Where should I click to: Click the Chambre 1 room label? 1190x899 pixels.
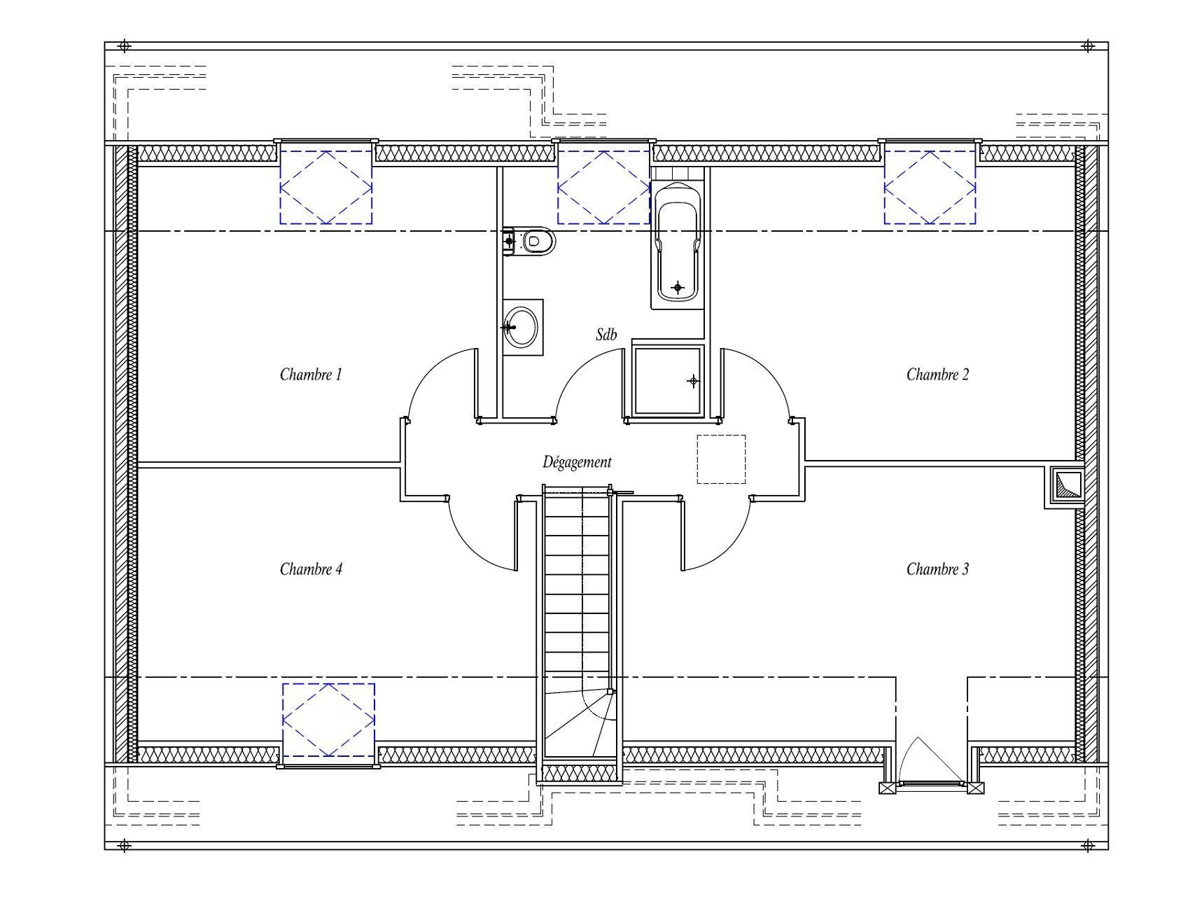coord(311,374)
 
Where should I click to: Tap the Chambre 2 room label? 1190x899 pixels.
coord(937,374)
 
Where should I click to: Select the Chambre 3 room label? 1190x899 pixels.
coord(937,569)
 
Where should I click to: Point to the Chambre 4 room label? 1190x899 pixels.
coord(311,569)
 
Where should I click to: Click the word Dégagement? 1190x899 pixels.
coord(577,462)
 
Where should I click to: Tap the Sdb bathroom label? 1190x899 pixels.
coord(606,335)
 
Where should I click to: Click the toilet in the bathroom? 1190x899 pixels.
coord(528,242)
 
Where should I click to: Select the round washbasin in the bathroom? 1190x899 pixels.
coord(522,326)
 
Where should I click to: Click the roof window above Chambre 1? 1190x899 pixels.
coord(326,187)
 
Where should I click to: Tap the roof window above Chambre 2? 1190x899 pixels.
coord(930,187)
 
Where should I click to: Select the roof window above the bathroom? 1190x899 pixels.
coord(603,187)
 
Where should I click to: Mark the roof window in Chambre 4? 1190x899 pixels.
coord(328,720)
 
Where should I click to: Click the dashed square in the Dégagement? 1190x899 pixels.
coord(721,459)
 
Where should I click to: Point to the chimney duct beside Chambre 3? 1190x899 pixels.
coord(1065,486)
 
